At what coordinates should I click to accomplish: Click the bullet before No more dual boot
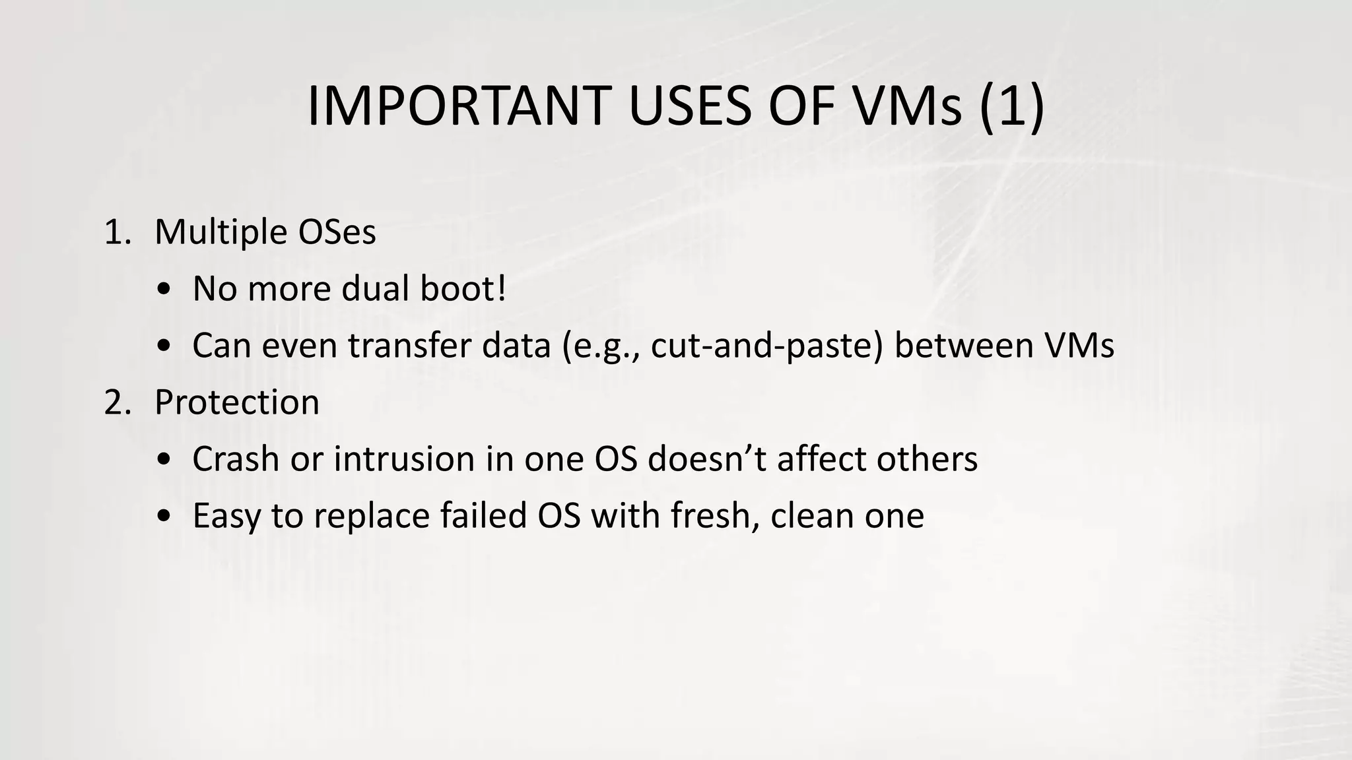coord(164,290)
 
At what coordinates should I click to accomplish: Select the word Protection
coord(237,402)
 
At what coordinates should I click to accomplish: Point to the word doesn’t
coord(707,459)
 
